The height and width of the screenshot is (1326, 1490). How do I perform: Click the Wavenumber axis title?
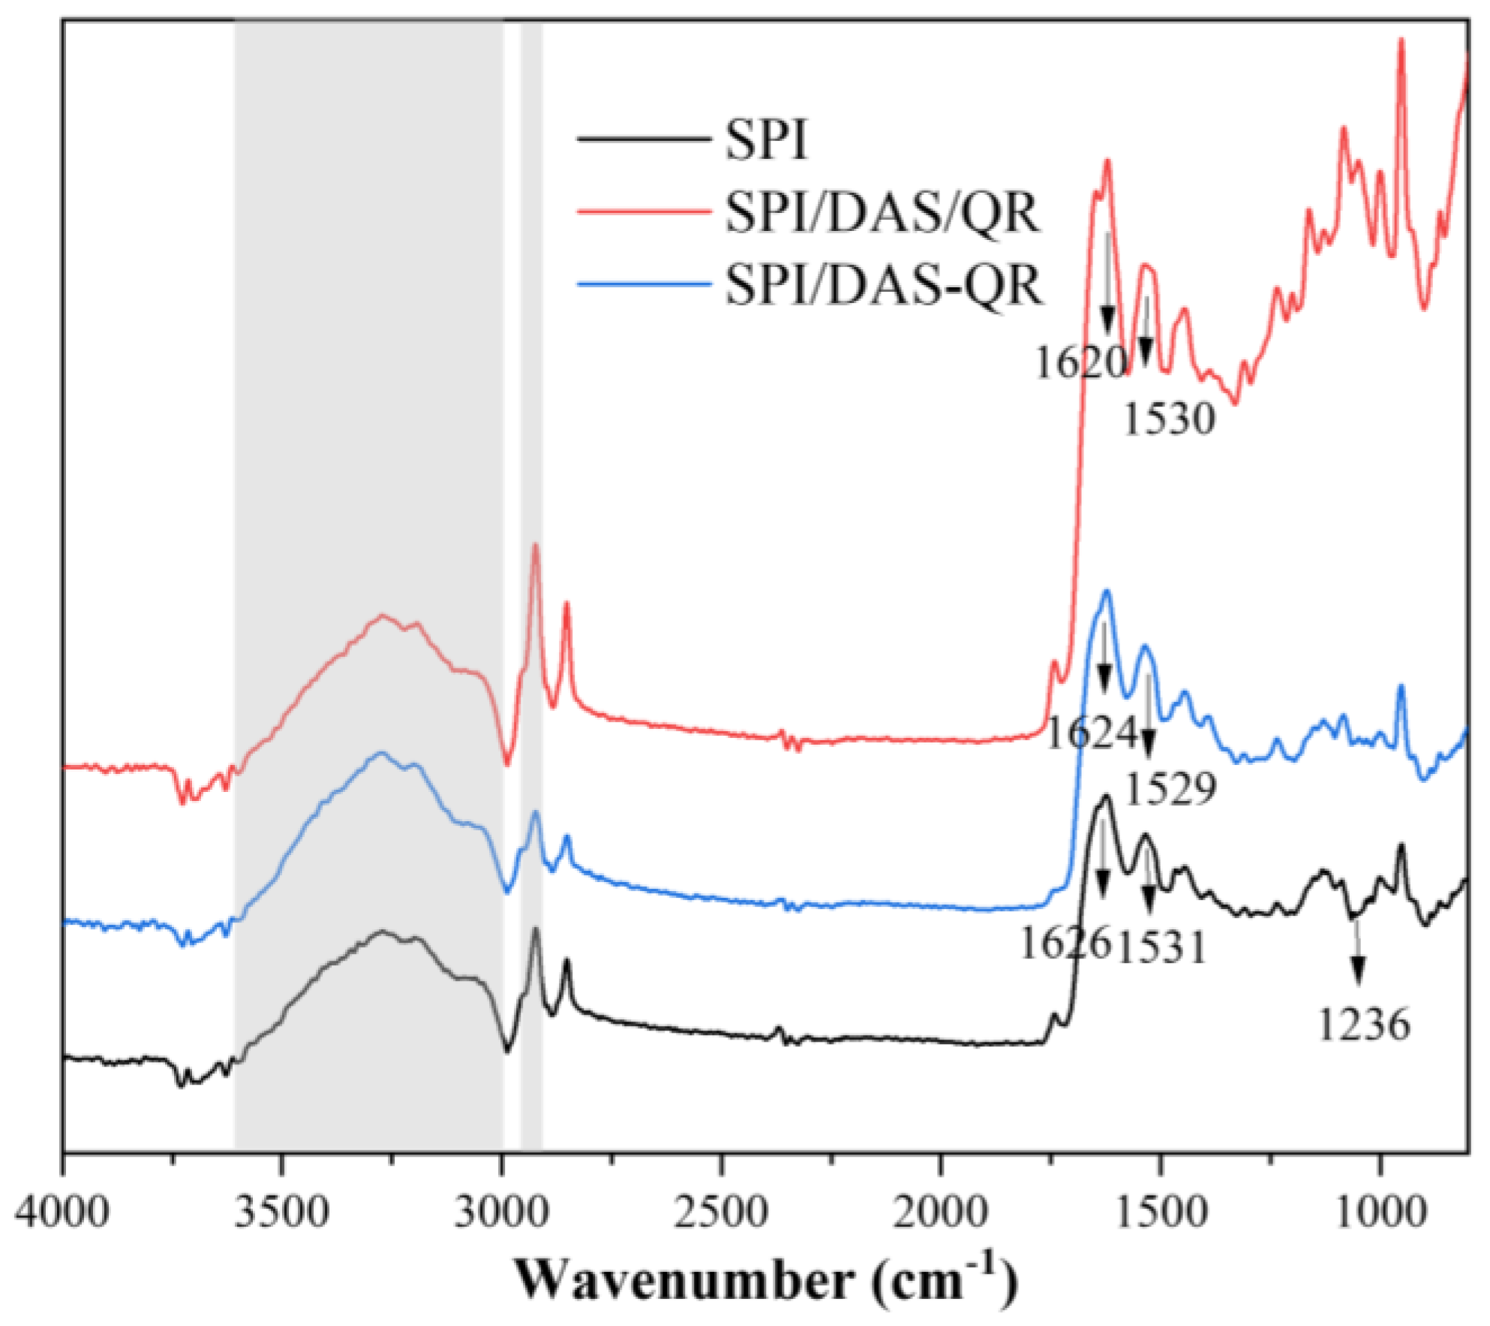coord(765,1279)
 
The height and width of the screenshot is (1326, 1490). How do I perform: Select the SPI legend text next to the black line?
coord(766,140)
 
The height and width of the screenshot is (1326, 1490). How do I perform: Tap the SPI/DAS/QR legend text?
coord(882,213)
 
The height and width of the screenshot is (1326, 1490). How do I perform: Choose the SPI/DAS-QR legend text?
coord(884,286)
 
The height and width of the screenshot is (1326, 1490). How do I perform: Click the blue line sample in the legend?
coord(643,284)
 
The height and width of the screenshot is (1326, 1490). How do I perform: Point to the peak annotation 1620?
coord(1081,363)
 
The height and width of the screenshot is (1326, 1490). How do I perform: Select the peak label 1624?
coord(1092,733)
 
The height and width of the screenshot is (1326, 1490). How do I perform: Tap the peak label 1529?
coord(1171,789)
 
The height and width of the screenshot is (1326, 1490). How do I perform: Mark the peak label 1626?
coord(1065,943)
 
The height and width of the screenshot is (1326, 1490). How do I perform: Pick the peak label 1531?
coord(1162,947)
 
